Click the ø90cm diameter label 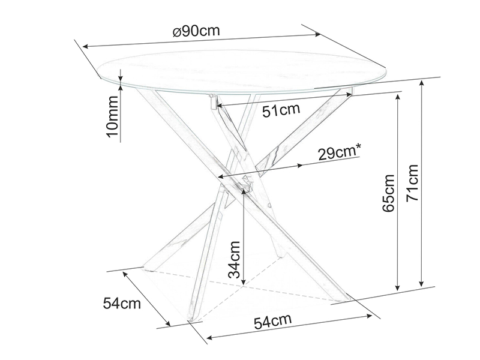[196, 31]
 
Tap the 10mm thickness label [112, 116]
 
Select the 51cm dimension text [281, 110]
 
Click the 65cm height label [388, 193]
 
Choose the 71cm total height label [412, 183]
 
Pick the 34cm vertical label [234, 259]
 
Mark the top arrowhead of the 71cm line [422, 83]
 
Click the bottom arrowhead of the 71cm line [422, 283]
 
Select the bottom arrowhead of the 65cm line [397, 287]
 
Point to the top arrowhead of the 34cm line [244, 191]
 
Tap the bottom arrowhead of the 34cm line [244, 282]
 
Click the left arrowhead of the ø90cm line [86, 47]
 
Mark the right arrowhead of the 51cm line [349, 95]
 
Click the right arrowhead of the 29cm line [299, 166]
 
